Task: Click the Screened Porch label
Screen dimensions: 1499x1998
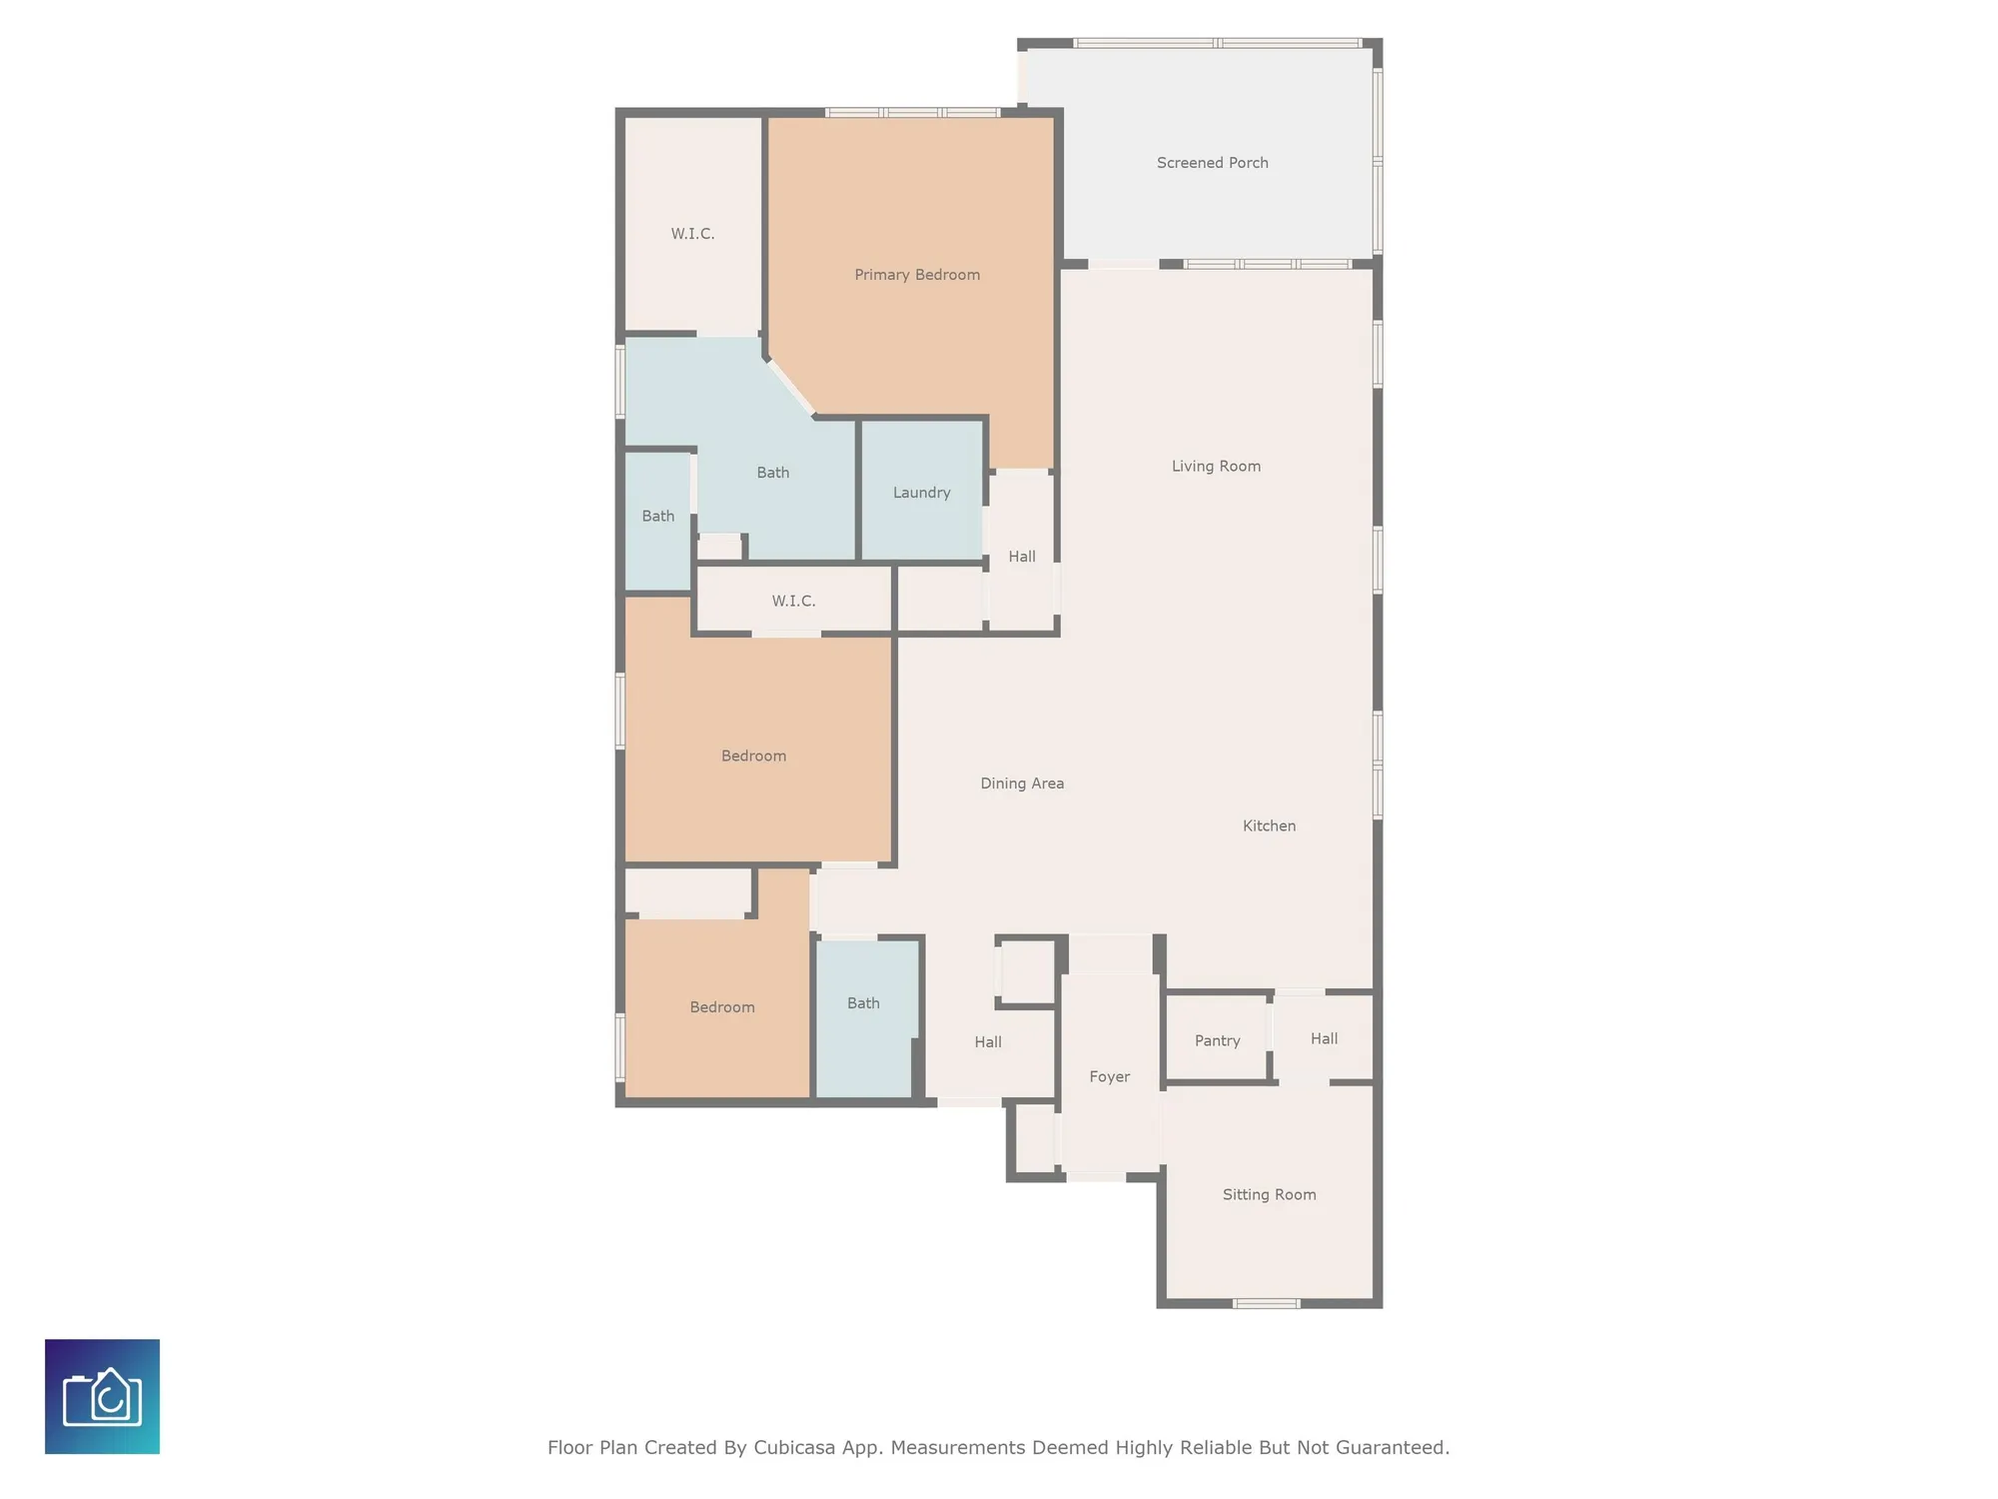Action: point(1212,163)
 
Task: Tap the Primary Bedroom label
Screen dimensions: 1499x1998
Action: point(916,275)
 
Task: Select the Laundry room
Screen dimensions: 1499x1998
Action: point(921,492)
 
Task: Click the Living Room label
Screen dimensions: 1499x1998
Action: point(1216,466)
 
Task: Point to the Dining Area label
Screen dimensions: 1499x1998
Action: point(1021,783)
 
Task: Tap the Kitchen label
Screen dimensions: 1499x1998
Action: point(1269,825)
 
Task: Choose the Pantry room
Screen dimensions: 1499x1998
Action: point(1217,1040)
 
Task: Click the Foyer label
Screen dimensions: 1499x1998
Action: point(1109,1076)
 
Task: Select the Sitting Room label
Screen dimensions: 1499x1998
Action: point(1269,1194)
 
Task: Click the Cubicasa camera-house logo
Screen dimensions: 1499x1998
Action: point(102,1396)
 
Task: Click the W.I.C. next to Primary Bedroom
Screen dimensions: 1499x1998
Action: point(692,234)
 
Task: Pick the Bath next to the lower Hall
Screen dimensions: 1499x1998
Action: point(863,1003)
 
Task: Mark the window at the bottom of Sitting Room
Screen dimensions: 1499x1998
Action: point(1266,1303)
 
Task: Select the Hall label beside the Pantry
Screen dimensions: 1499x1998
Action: point(1324,1038)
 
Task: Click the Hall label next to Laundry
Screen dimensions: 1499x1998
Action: point(1021,557)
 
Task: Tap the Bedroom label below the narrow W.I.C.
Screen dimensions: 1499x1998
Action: point(753,755)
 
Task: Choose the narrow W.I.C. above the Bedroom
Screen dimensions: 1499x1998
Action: point(793,601)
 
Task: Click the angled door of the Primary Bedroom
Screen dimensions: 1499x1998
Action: point(791,388)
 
